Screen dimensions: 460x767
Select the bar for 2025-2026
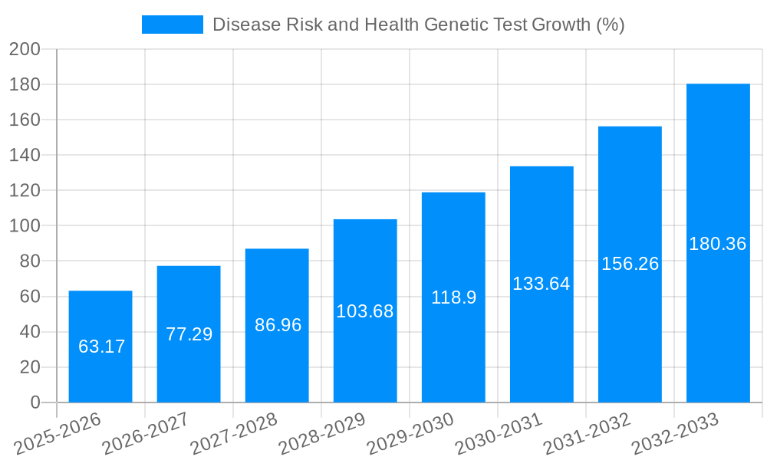(x=100, y=347)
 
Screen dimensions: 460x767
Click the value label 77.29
(x=189, y=334)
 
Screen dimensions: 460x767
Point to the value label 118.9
(x=453, y=297)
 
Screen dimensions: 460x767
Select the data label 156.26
(x=630, y=264)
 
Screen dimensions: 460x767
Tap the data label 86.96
(x=278, y=325)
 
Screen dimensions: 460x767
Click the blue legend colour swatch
(x=173, y=25)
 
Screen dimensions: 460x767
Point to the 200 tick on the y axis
(x=25, y=49)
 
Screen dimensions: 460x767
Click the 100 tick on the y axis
(x=25, y=226)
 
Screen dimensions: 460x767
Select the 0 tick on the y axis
(x=35, y=402)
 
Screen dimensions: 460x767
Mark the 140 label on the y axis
(x=25, y=156)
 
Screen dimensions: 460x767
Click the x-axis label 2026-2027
(x=146, y=434)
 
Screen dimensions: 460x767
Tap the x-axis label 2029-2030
(x=410, y=434)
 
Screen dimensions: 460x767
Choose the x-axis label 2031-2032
(x=587, y=434)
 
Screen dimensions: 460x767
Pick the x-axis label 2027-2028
(x=234, y=434)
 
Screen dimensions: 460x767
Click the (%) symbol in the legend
(x=610, y=25)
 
